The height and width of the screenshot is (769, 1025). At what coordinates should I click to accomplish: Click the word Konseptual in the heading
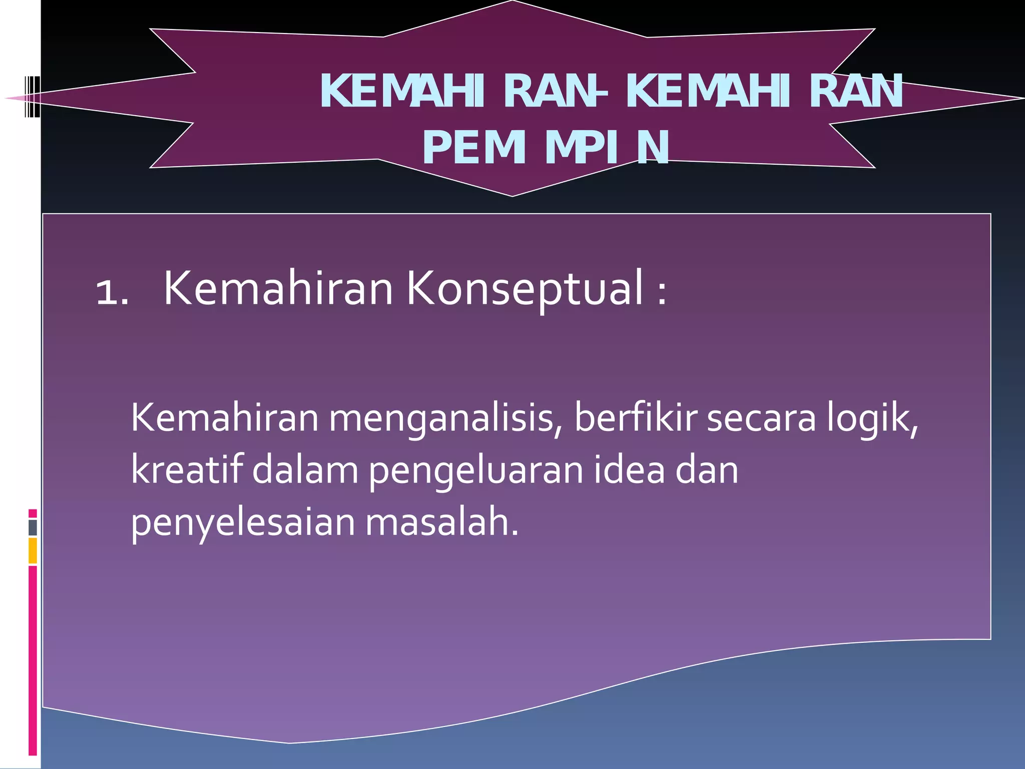524,289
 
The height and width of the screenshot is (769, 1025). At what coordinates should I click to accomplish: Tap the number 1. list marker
112,293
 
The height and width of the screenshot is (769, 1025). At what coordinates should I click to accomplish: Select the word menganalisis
445,419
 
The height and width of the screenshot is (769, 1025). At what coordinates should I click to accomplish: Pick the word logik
872,419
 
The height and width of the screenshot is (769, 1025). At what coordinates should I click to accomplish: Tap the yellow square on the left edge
33,550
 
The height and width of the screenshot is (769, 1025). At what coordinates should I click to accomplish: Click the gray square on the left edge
33,527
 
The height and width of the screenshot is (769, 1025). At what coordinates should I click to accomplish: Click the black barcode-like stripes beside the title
32,96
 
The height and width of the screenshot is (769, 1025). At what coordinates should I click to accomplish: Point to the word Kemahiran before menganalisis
225,418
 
